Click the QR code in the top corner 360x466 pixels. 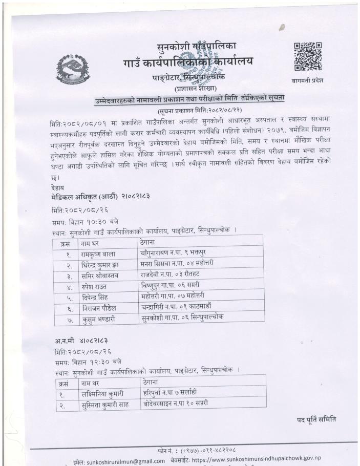[x=307, y=56]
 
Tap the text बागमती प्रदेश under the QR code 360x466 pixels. [x=307, y=80]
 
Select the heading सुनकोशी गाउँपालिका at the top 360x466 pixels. [x=197, y=49]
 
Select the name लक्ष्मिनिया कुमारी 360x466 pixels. [x=106, y=394]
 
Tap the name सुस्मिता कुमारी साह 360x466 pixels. [x=110, y=405]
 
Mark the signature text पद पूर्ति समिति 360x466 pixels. [x=316, y=420]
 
